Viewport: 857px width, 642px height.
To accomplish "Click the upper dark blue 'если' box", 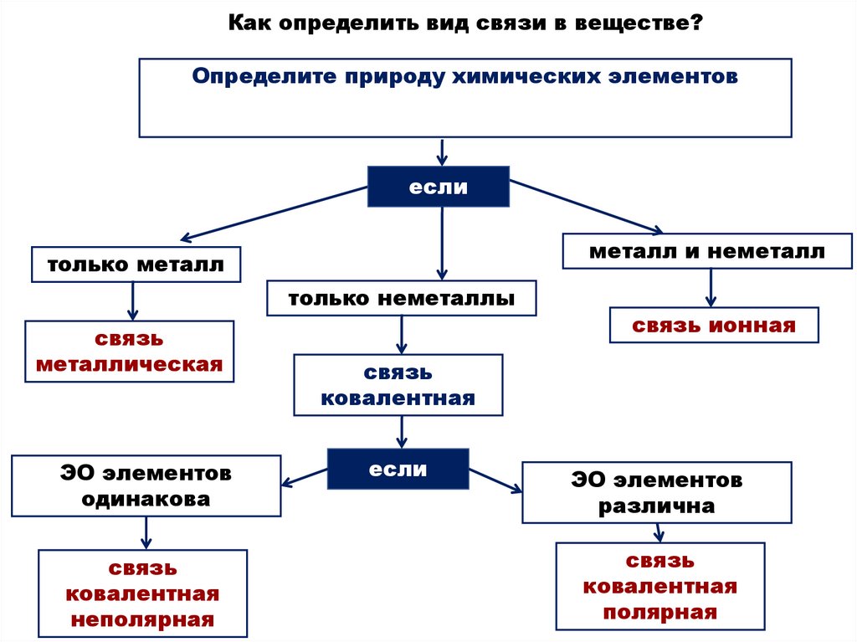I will point(439,187).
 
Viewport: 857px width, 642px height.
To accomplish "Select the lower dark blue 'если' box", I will point(398,469).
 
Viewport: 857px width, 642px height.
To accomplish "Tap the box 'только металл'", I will point(136,265).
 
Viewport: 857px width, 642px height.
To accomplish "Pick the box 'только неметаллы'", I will point(402,298).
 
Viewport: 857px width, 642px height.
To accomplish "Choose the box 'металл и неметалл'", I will point(707,251).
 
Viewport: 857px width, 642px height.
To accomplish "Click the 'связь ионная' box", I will point(714,325).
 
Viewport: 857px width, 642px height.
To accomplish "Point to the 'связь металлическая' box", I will point(129,352).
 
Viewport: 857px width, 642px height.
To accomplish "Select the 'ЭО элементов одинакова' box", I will point(146,485).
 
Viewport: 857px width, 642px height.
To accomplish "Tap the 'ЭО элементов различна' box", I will point(656,493).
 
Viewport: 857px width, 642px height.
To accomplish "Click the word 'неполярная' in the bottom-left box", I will point(142,620).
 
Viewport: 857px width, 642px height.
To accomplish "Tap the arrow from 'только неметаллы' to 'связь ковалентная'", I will point(401,334).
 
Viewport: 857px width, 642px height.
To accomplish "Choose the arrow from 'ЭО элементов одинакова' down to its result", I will point(146,532).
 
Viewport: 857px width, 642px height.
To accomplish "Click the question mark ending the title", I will point(696,23).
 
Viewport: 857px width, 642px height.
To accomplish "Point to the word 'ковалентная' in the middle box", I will point(398,398).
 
